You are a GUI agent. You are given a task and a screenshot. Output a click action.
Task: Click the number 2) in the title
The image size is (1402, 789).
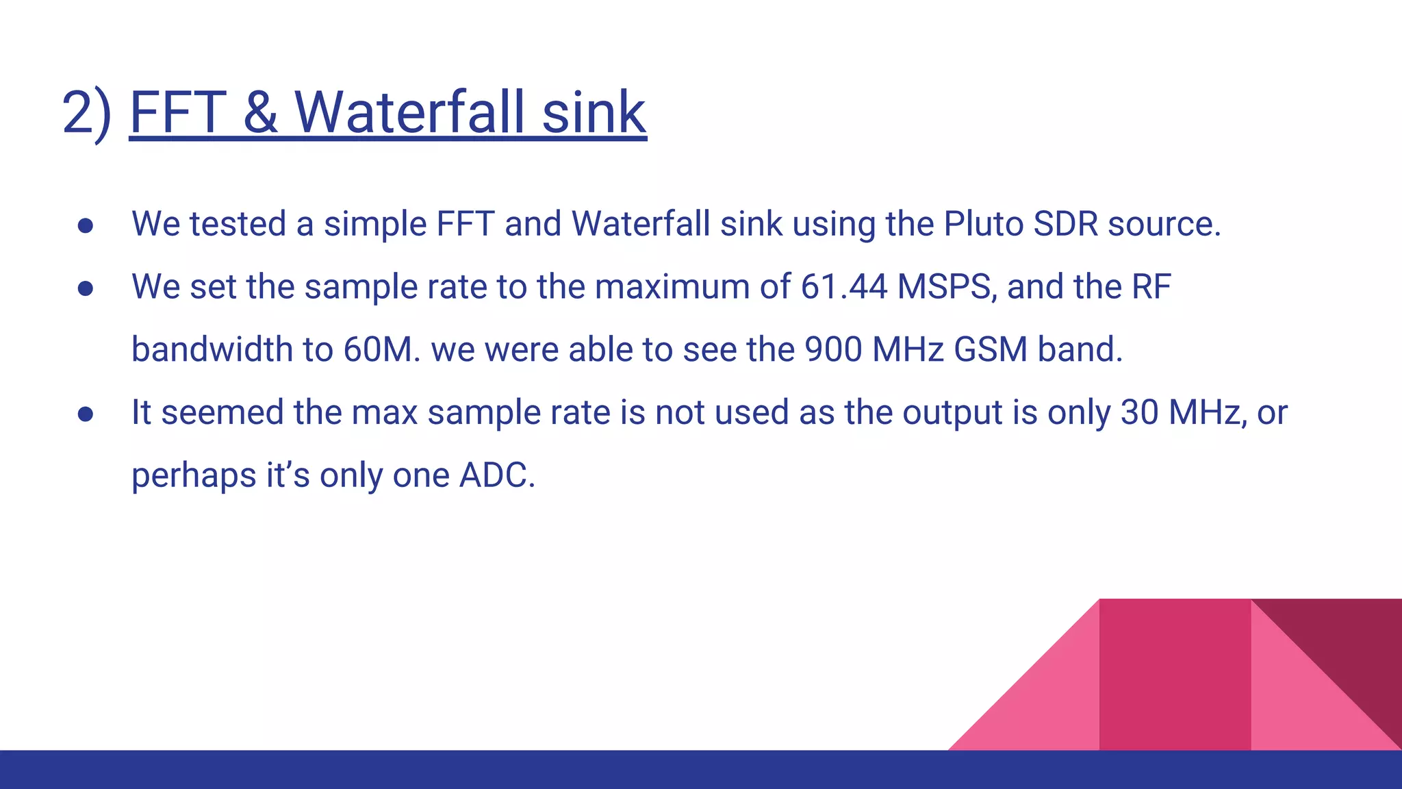[x=86, y=113]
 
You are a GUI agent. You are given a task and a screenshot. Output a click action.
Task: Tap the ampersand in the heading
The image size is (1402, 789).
[x=260, y=113]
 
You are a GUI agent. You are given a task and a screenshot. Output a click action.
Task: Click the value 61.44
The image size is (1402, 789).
[x=844, y=287]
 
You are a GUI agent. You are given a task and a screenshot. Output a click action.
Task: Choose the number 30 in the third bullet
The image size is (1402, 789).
[x=1139, y=412]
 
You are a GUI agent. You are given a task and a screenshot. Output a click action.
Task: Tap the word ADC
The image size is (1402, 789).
[x=496, y=475]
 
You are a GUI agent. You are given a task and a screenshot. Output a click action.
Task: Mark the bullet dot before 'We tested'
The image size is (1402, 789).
[x=86, y=226]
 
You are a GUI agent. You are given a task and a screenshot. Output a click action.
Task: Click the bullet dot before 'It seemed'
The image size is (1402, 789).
[x=86, y=414]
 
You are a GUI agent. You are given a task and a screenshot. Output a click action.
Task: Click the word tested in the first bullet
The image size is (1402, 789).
[x=238, y=224]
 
